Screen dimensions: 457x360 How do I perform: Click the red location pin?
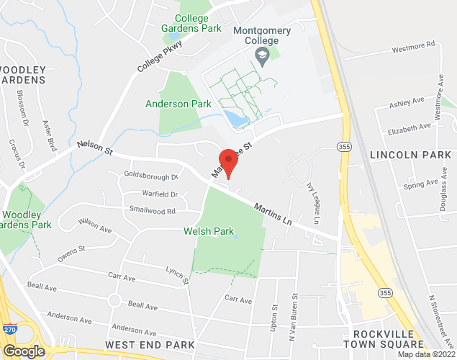(x=228, y=161)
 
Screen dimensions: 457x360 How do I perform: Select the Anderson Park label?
(x=178, y=104)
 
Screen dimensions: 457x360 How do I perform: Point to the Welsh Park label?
(x=209, y=232)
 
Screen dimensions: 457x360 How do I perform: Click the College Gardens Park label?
(x=192, y=24)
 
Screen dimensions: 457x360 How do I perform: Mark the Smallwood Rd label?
(x=153, y=211)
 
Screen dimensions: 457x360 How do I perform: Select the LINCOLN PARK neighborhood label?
(x=411, y=155)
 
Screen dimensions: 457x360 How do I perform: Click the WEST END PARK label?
(x=150, y=346)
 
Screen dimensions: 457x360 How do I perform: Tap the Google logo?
(x=23, y=351)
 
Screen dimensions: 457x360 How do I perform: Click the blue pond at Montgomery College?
(x=235, y=118)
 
